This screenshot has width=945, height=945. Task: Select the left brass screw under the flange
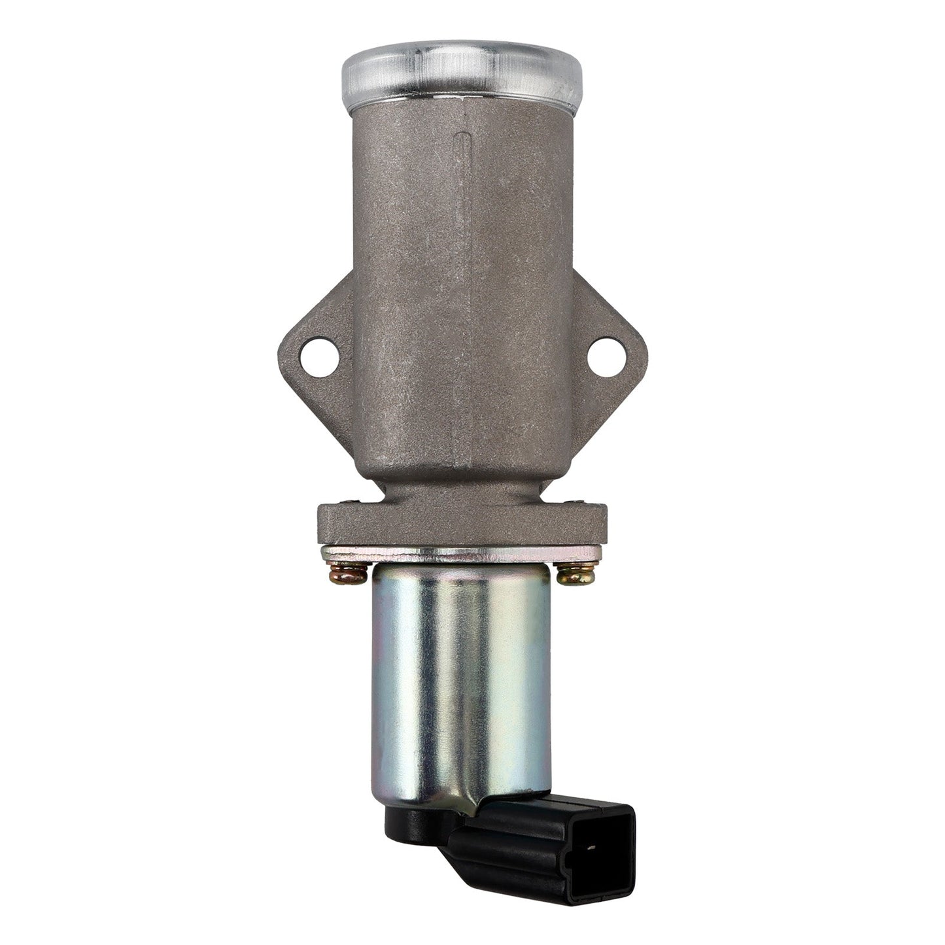tap(349, 575)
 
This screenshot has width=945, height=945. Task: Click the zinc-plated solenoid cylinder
tap(460, 680)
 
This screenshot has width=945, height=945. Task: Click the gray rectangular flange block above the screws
tap(460, 523)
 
